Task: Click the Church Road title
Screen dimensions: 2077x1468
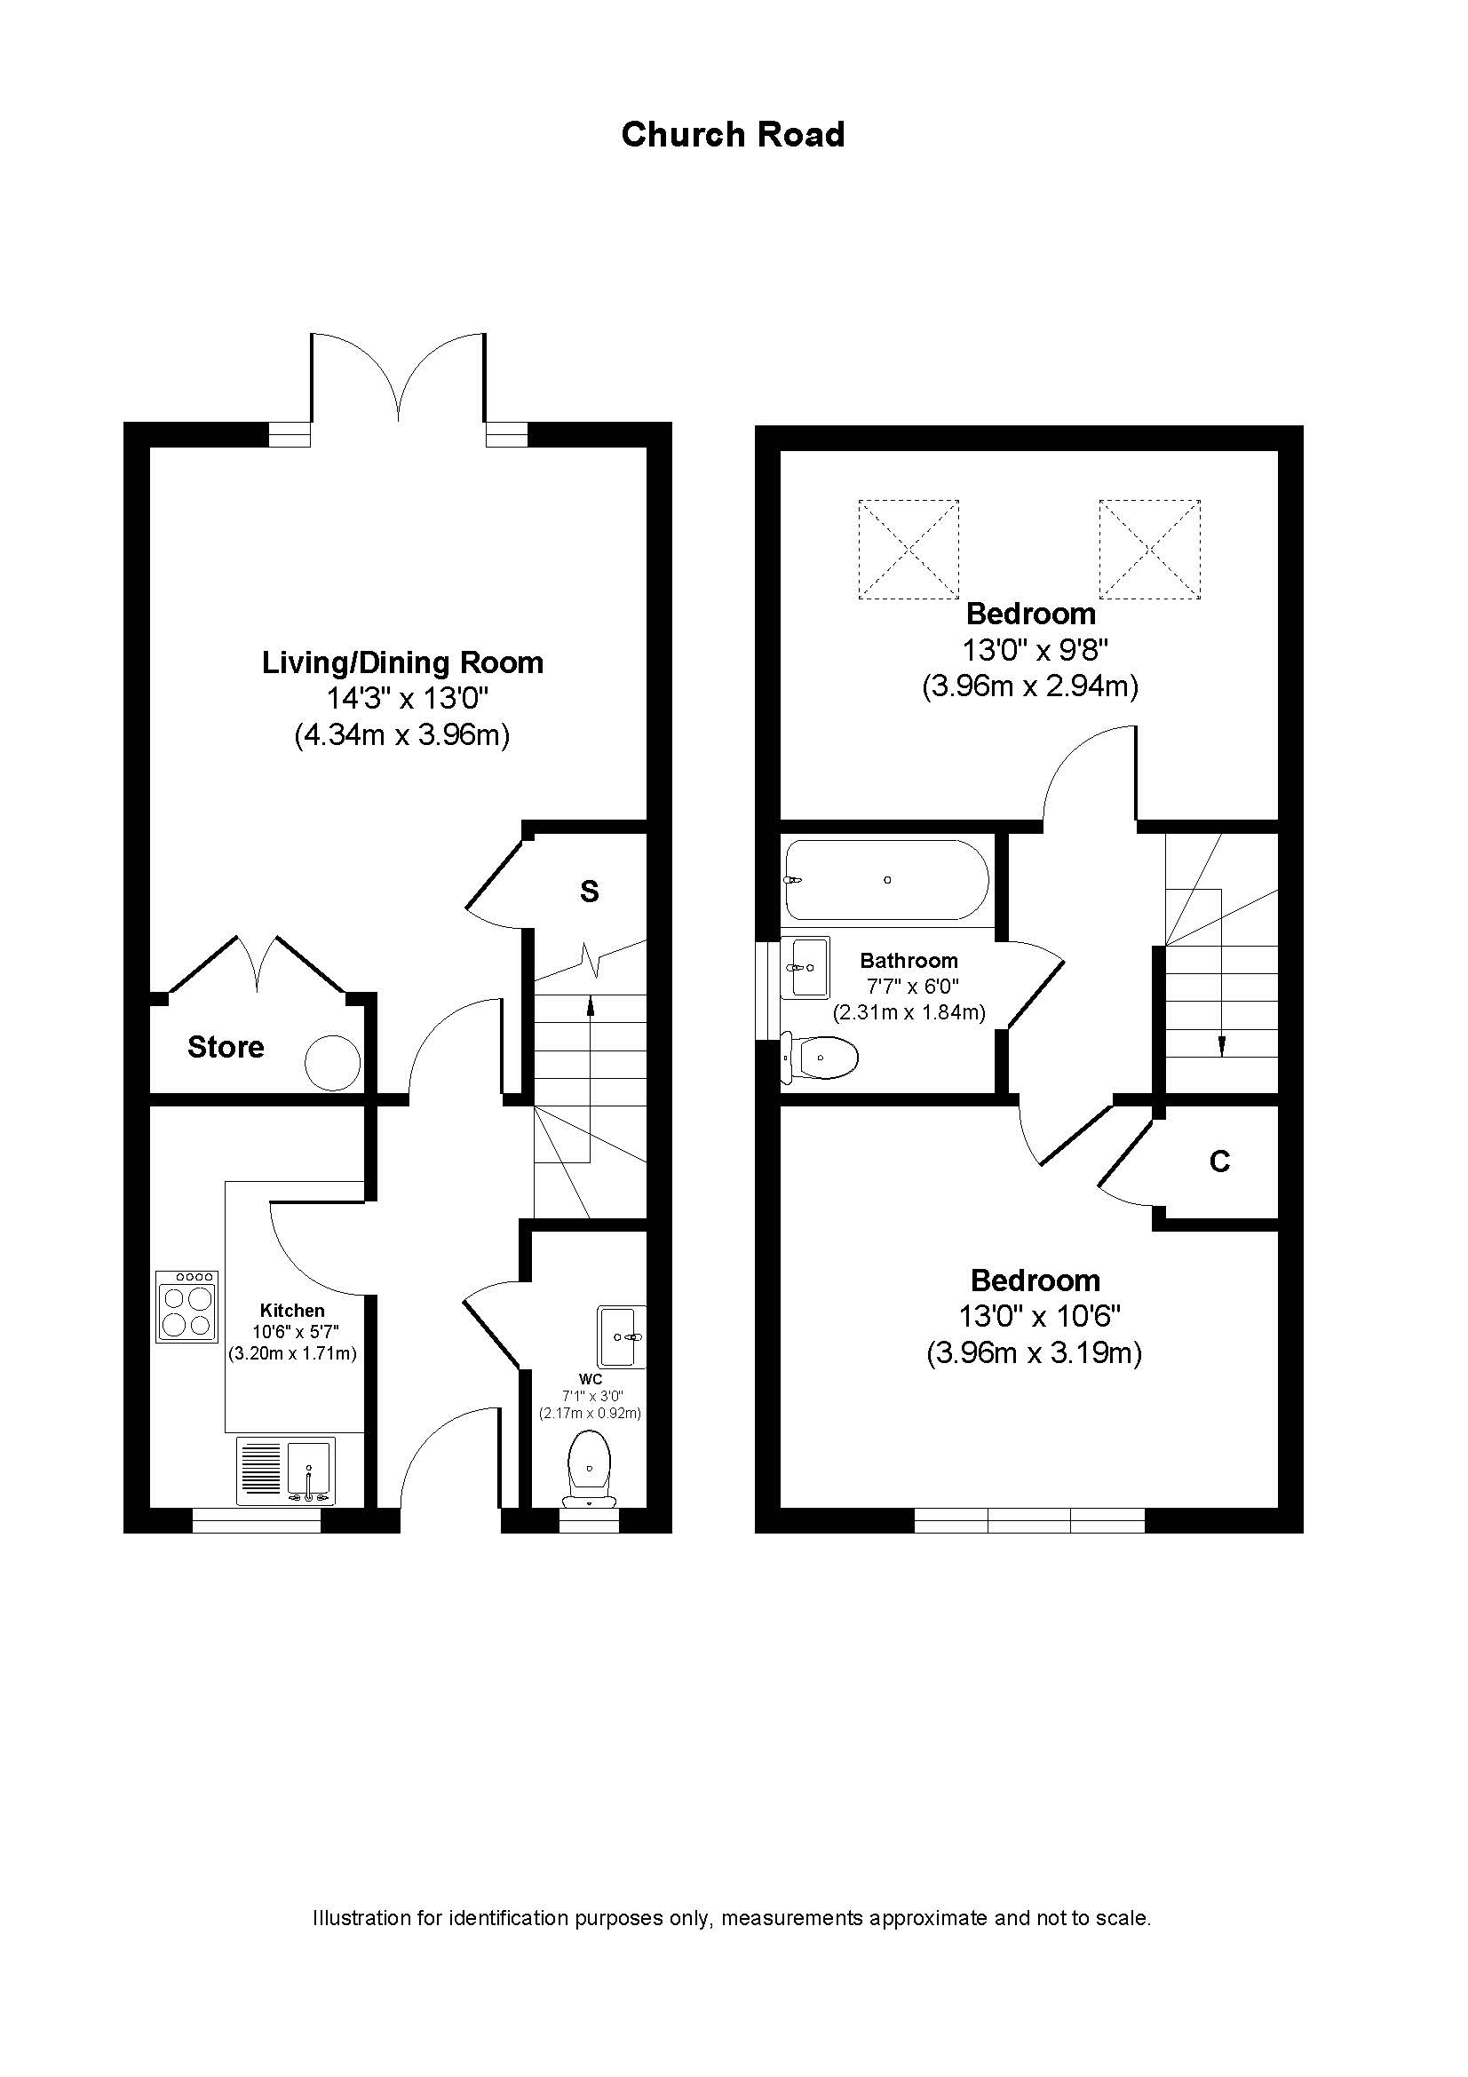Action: point(733,135)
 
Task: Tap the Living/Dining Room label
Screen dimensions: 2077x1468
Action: point(402,662)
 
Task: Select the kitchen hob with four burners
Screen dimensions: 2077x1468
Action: point(187,1306)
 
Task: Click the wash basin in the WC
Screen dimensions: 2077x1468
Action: point(621,1336)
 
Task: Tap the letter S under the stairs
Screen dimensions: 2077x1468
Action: point(589,892)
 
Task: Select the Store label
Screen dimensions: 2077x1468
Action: point(226,1047)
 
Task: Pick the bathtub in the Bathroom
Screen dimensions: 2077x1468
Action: point(886,879)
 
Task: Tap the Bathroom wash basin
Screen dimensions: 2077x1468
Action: point(805,967)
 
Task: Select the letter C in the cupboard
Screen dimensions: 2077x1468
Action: point(1219,1161)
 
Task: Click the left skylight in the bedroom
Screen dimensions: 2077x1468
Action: point(908,548)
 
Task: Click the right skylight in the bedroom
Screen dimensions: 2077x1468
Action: point(1148,548)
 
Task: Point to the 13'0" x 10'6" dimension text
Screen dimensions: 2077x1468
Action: point(1035,1316)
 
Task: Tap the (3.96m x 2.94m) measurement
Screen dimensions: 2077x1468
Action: point(1029,686)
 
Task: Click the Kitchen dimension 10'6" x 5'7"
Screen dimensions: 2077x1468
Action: point(291,1332)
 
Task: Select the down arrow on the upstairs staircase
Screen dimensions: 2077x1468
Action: point(1221,1045)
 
